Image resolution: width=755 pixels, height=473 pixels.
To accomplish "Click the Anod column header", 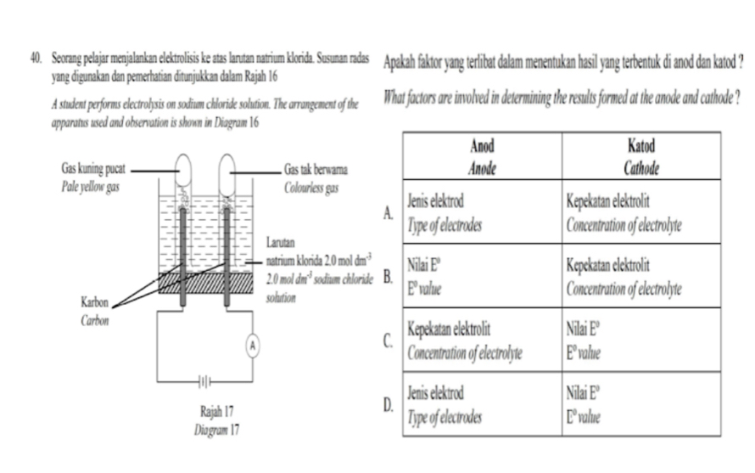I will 482,147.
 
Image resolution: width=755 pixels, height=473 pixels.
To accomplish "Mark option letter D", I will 388,406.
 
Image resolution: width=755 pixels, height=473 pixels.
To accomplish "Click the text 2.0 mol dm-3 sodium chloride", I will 319,278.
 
